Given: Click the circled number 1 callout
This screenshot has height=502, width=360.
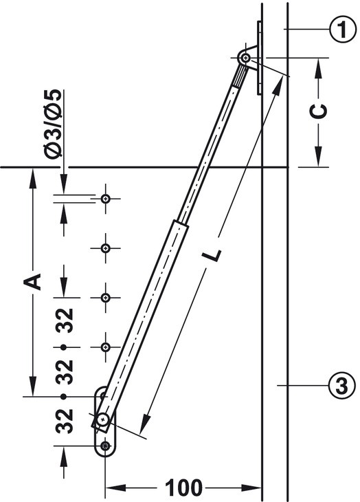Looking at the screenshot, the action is tap(342, 29).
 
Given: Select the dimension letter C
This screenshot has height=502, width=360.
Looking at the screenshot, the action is tap(319, 111).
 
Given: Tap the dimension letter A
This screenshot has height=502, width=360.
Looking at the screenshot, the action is tap(32, 281).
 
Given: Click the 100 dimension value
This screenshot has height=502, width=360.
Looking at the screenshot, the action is tap(183, 488).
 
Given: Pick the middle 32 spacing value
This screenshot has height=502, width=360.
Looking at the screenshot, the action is tap(65, 372).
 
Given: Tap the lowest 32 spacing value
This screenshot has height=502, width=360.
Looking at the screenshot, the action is tap(65, 421).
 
